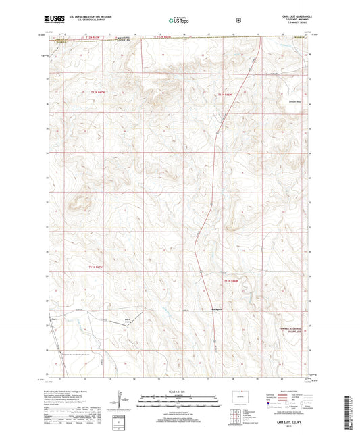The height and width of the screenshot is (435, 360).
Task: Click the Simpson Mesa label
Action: click(x=288, y=104)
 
